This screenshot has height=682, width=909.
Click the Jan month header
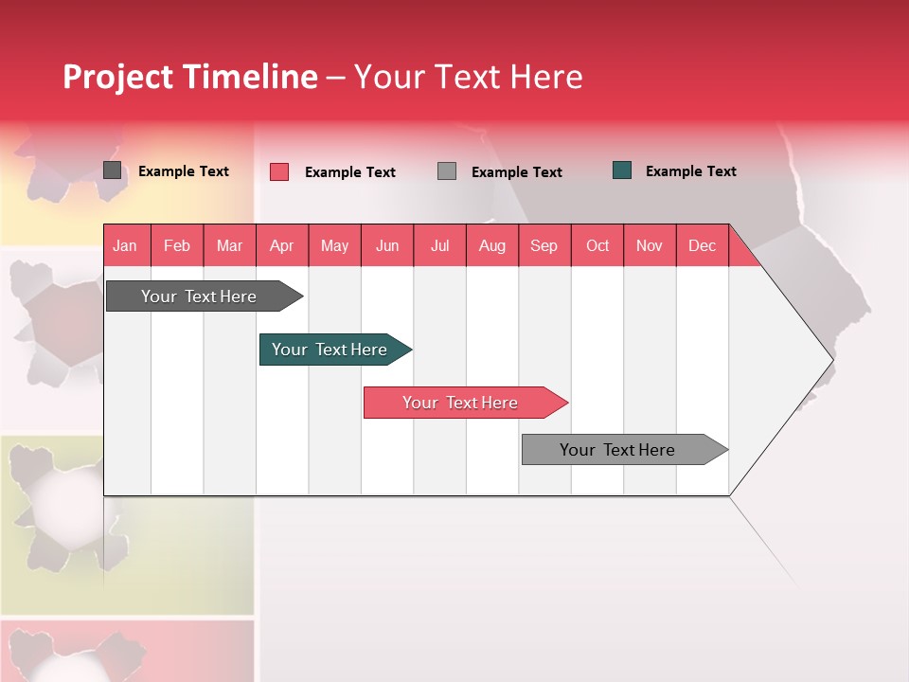[x=125, y=245]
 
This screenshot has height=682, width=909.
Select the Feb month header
[x=177, y=245]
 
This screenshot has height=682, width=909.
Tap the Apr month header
[x=281, y=245]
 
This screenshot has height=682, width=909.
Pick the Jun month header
[x=387, y=245]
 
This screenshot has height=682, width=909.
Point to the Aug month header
[x=492, y=245]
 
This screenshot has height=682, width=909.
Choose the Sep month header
[x=544, y=245]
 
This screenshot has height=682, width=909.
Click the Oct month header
[x=597, y=245]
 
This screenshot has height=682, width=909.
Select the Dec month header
[x=703, y=245]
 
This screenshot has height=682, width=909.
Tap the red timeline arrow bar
[x=462, y=403]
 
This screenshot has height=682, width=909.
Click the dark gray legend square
[x=113, y=170]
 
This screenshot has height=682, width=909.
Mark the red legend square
[x=279, y=171]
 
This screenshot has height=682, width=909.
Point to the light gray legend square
[x=447, y=171]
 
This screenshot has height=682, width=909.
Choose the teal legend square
[x=622, y=170]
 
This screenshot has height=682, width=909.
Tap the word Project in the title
[x=117, y=77]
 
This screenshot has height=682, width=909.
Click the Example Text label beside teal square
[x=690, y=171]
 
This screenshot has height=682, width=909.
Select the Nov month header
[x=650, y=245]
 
